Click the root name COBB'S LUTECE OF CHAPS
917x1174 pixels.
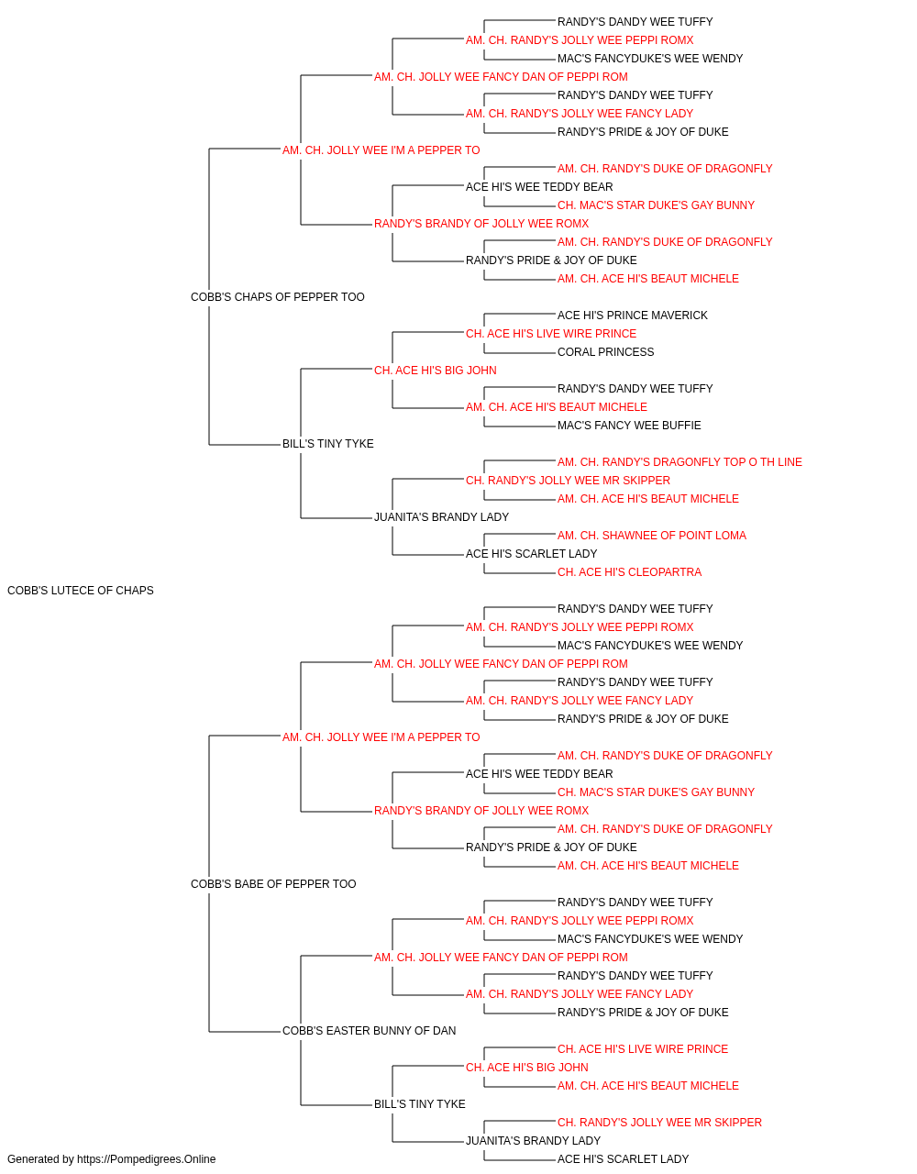click(81, 591)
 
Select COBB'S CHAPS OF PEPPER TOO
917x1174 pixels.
click(278, 297)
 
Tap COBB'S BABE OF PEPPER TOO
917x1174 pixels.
click(273, 884)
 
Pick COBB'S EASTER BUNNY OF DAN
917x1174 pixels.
click(369, 1031)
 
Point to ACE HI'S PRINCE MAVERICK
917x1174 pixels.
click(633, 316)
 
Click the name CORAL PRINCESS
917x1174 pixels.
click(605, 352)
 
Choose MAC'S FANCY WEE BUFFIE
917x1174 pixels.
click(629, 426)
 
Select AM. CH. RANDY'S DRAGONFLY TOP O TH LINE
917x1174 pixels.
click(679, 462)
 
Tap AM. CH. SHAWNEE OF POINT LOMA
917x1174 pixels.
click(652, 536)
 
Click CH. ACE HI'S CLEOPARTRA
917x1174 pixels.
click(629, 572)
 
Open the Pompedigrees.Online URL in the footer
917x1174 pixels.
click(146, 1159)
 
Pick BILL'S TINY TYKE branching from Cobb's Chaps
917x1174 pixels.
click(327, 444)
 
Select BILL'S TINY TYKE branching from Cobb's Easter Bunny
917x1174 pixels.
click(420, 1104)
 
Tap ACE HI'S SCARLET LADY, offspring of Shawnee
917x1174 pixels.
click(532, 554)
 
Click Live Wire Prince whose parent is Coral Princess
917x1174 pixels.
click(551, 334)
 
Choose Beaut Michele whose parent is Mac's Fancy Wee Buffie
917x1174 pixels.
click(557, 407)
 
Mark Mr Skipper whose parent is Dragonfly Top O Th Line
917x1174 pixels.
click(568, 481)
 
